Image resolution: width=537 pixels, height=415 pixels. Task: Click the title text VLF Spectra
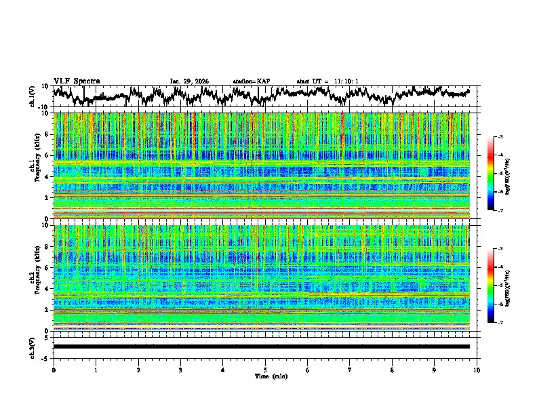(77, 81)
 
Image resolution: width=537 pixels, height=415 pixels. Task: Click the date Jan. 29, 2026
(189, 81)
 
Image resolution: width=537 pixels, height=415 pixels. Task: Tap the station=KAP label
(251, 81)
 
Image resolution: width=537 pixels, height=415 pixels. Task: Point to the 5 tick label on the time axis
(265, 370)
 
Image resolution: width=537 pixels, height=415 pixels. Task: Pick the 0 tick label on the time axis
(54, 370)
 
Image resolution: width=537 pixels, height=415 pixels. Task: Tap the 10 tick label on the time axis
(477, 370)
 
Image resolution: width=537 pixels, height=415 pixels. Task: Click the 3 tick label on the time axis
(180, 370)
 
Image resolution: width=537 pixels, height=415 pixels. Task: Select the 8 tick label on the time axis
(392, 370)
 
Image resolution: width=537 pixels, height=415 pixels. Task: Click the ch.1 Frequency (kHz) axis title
(34, 165)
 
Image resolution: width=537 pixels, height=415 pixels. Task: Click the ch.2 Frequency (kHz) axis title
(34, 278)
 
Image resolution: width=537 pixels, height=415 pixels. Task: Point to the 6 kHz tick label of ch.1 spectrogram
(47, 155)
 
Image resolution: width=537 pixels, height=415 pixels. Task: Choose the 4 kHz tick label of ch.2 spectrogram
(47, 289)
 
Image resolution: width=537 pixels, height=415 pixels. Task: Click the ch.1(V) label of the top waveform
(33, 96)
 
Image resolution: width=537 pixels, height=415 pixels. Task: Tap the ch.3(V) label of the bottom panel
(33, 347)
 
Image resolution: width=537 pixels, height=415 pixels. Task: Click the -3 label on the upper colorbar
(500, 137)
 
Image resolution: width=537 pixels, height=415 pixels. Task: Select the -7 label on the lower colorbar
(500, 323)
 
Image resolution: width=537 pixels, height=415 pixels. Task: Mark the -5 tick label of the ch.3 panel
(47, 357)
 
